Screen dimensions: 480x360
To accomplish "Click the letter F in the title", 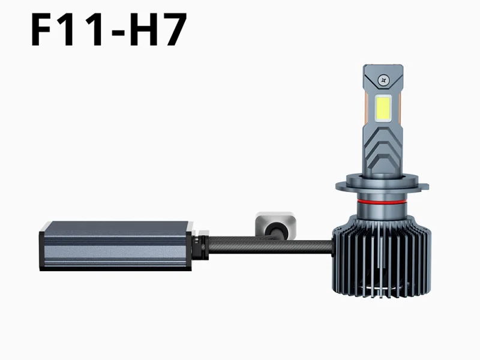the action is (41, 29).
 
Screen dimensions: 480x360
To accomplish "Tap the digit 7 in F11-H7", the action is (173, 29).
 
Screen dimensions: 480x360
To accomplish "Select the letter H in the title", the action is (142, 29).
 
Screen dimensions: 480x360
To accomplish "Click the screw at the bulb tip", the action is (383, 80).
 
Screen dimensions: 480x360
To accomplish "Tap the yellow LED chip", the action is (383, 109).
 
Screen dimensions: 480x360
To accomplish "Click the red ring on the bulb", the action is (380, 202).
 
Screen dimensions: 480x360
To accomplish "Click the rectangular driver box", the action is (116, 246).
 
